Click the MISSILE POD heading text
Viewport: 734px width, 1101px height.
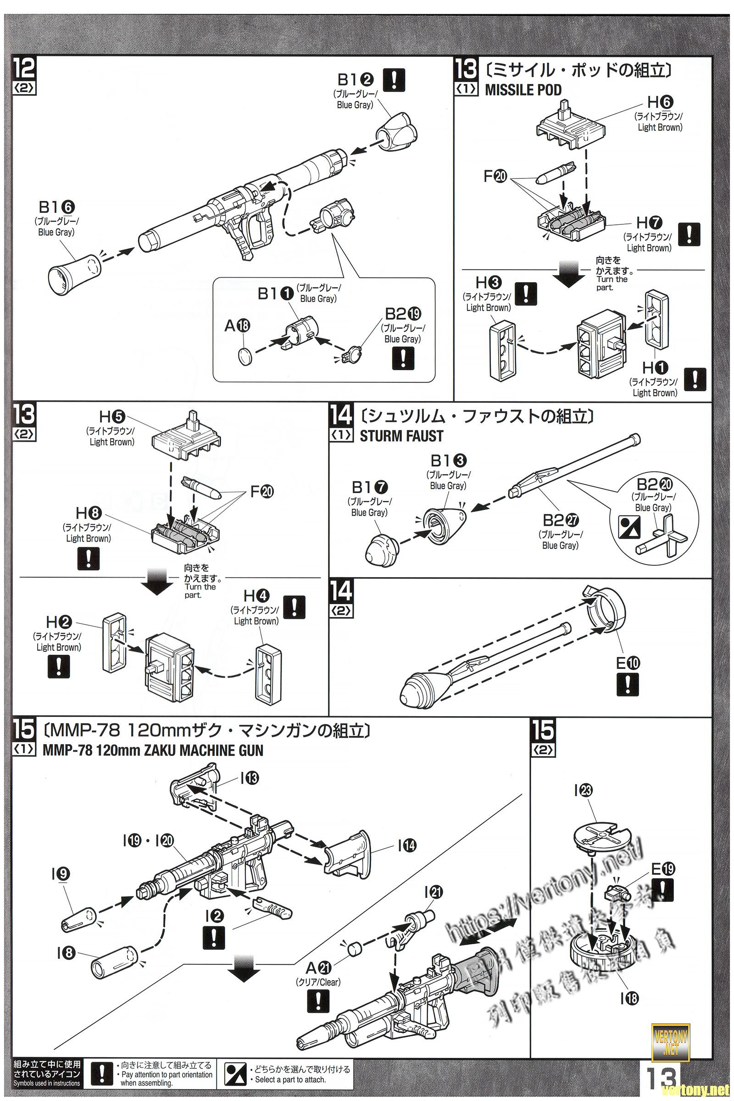[x=523, y=89]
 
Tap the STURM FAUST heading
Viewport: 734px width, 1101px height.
[x=400, y=436]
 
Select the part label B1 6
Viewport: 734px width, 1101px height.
[x=58, y=207]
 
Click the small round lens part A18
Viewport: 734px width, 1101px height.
[x=245, y=355]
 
